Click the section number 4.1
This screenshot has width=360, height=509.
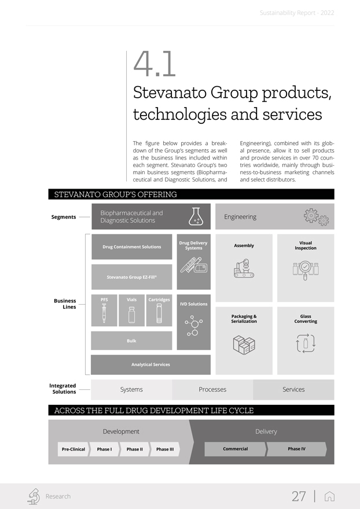(155, 65)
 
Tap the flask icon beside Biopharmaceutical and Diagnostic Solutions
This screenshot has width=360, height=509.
(196, 216)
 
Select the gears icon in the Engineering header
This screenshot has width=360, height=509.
(315, 217)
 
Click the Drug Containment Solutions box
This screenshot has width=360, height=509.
(132, 247)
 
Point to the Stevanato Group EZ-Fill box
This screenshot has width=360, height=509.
(132, 277)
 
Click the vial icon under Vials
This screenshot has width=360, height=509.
(131, 315)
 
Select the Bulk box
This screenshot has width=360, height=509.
(132, 341)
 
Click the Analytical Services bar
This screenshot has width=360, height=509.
(150, 364)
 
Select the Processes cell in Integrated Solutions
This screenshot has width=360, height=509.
(212, 389)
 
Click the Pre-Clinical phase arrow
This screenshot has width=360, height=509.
(74, 449)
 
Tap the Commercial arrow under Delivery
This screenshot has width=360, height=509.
(236, 449)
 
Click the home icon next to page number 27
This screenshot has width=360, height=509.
(330, 496)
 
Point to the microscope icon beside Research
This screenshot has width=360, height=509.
(34, 496)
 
